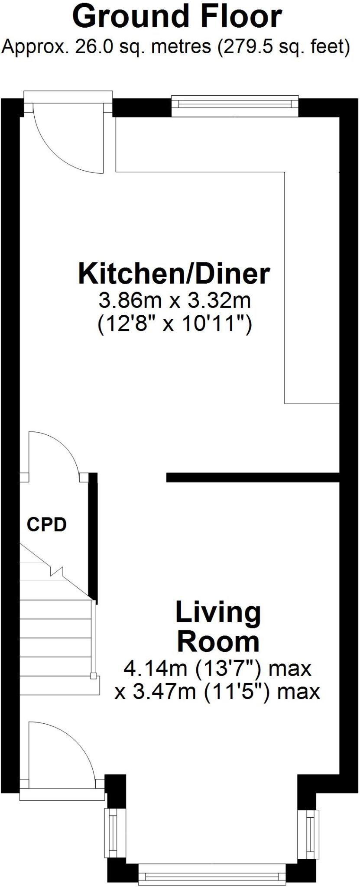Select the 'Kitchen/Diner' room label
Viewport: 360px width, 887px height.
click(x=174, y=274)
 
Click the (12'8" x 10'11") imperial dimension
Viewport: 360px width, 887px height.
click(x=175, y=323)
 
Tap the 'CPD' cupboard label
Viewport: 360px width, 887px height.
click(x=47, y=524)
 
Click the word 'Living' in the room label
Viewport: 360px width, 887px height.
click(x=218, y=612)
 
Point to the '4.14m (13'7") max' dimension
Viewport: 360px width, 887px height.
click(x=217, y=668)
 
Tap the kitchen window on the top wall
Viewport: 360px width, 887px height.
click(x=234, y=104)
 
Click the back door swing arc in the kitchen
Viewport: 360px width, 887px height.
click(x=61, y=147)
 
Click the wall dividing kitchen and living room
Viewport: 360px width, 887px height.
click(x=253, y=477)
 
